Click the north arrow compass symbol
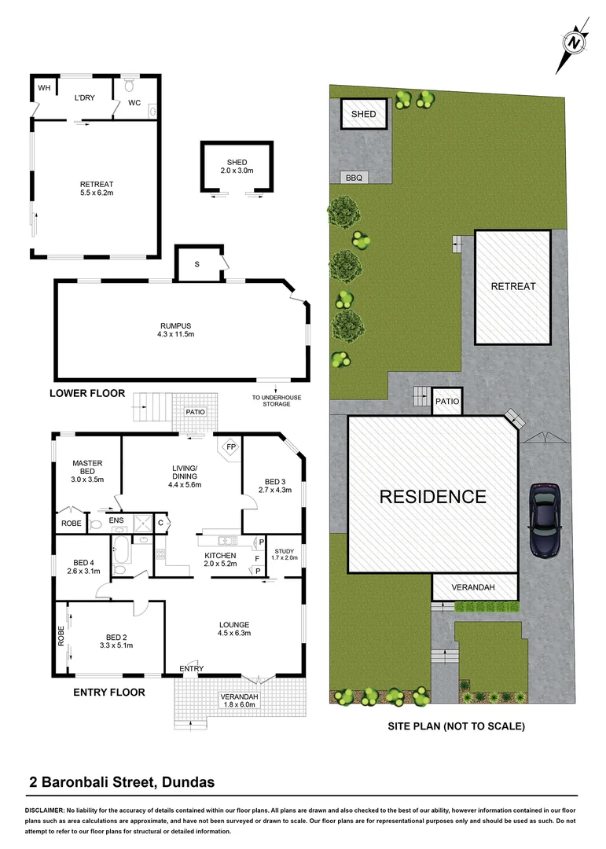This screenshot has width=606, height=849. pyautogui.click(x=575, y=42)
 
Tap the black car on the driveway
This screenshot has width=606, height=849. pyautogui.click(x=545, y=520)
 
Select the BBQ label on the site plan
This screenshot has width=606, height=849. pyautogui.click(x=354, y=178)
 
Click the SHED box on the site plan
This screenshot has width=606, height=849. pyautogui.click(x=364, y=114)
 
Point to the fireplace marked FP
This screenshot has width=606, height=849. pyautogui.click(x=230, y=447)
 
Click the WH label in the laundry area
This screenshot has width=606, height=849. pyautogui.click(x=44, y=88)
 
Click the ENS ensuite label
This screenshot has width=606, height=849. pyautogui.click(x=116, y=520)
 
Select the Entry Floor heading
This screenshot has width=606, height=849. pyautogui.click(x=108, y=693)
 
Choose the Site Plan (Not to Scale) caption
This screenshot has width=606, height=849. pyautogui.click(x=456, y=726)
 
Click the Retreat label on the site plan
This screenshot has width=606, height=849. pyautogui.click(x=512, y=286)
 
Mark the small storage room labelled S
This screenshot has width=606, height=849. pyautogui.click(x=196, y=263)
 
